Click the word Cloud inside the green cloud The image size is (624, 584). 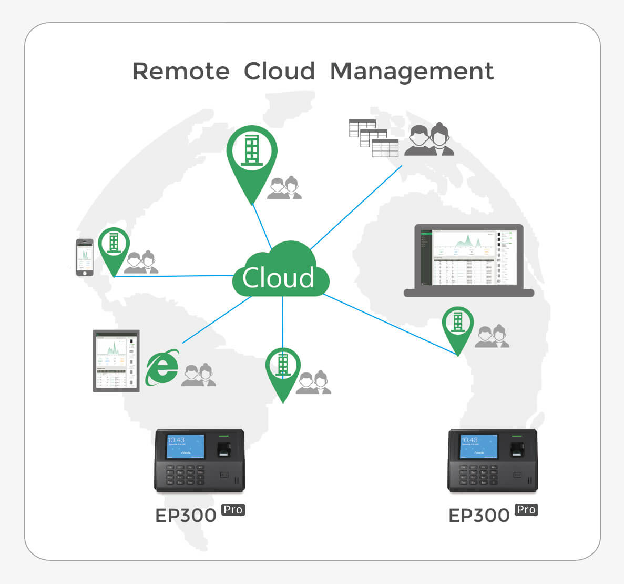point(278,278)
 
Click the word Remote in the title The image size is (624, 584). point(180,72)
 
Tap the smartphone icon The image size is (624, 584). point(85,257)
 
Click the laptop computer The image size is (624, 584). point(468,260)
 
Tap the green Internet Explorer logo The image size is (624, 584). point(162,368)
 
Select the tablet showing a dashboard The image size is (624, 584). point(116,361)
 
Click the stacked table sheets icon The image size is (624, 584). point(374,138)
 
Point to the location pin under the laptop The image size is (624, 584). point(458,326)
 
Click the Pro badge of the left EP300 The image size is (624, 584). point(233,509)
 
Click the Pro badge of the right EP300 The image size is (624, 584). point(526,509)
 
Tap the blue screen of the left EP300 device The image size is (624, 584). point(186,446)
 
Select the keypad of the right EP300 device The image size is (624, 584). point(479,475)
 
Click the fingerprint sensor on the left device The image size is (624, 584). point(224,448)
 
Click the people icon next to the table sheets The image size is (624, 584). point(429,140)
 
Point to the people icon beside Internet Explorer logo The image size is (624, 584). point(199,375)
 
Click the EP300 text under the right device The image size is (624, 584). point(479,516)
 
